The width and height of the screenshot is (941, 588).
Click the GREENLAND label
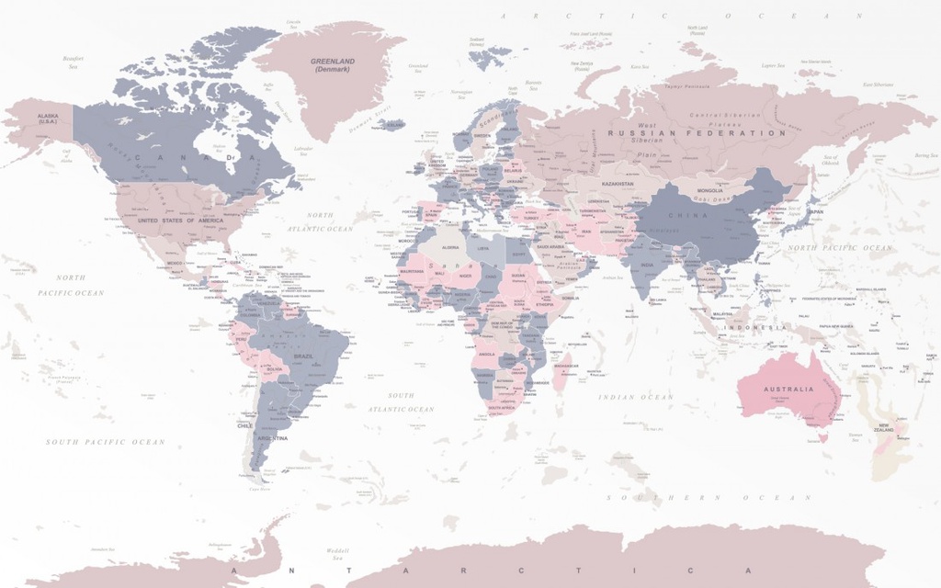333,65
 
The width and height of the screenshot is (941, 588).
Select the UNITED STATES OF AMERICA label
180,220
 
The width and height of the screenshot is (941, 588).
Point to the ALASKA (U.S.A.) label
47,119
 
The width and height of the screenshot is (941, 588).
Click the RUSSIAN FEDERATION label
697,133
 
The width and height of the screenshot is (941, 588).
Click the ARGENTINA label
272,438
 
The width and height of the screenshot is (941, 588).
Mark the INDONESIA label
759,327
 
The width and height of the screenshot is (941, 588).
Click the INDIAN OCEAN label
636,397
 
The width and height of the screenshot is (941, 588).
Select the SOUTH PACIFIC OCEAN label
106,442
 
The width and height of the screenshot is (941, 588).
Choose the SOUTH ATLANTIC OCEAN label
400,402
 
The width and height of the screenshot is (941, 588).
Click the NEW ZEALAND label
883,428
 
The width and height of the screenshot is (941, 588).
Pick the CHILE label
244,426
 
